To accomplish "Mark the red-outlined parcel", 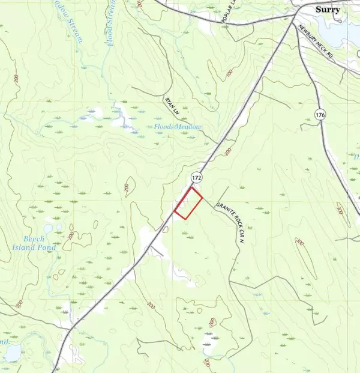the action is [188, 203].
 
